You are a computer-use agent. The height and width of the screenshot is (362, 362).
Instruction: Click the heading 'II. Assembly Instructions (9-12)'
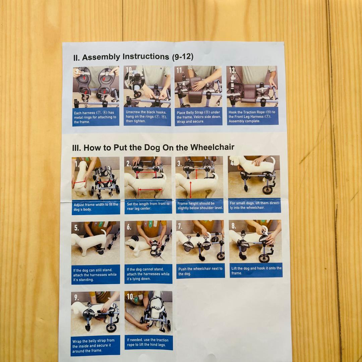pos(133,57)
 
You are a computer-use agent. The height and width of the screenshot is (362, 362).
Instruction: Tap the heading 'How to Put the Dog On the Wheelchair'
pos(159,147)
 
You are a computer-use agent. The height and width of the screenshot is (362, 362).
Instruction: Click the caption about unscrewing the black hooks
pos(146,116)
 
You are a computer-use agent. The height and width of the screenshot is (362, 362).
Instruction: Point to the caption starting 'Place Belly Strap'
pos(199,117)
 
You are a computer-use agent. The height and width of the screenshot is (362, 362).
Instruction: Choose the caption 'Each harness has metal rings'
pos(95,117)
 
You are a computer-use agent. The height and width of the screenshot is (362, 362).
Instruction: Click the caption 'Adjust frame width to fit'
pos(96,207)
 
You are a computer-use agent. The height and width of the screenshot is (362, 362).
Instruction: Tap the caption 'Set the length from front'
pos(148,206)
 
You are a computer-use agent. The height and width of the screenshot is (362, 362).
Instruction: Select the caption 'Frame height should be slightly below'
pos(200,205)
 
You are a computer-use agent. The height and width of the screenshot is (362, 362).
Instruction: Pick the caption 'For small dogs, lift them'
pos(255,205)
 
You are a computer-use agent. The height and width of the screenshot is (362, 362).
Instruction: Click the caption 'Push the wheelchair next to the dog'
pos(200,271)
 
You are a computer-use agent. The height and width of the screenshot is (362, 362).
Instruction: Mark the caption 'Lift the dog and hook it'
pos(256,270)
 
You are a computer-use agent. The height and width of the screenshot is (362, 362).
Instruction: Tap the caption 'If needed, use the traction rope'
pos(148,342)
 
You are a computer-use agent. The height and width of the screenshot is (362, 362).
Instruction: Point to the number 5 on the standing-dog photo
pos(76,228)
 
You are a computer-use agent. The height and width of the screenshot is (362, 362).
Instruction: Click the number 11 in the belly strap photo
pos(180,70)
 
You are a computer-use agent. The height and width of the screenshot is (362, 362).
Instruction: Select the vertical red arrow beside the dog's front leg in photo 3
pos(190,189)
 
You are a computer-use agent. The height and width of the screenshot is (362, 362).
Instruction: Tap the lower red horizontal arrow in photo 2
pos(150,190)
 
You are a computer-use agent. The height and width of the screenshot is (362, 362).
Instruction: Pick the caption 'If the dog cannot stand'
pos(148,274)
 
